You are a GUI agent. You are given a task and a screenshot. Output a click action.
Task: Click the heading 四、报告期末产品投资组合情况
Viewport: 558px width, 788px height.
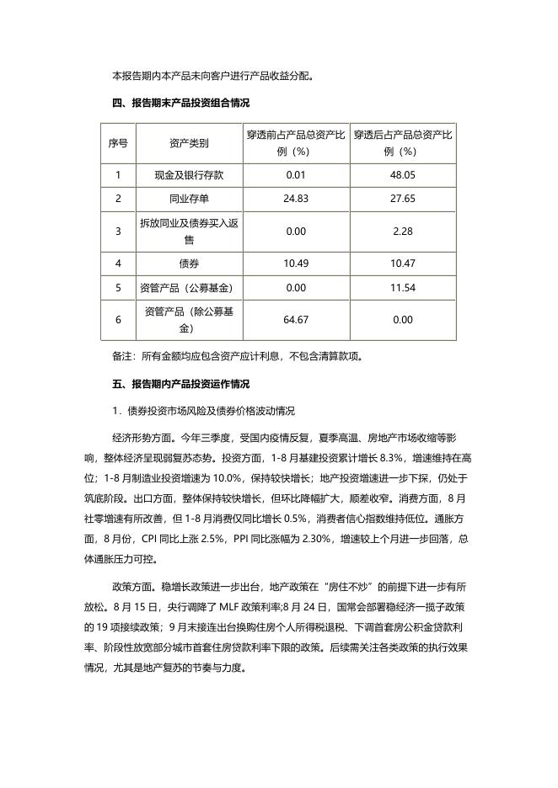(180, 103)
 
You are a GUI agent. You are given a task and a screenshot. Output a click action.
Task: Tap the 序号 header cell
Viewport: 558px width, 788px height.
(118, 144)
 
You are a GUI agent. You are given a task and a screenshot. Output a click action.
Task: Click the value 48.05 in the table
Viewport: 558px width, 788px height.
(402, 175)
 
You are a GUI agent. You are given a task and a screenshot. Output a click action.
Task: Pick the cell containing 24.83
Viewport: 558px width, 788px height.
(296, 199)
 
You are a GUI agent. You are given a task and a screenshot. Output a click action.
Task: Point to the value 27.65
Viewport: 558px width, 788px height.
(402, 199)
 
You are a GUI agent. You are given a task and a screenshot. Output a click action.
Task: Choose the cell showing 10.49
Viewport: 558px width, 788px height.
(296, 264)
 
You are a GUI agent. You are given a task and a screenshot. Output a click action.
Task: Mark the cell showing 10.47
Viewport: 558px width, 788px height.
(402, 264)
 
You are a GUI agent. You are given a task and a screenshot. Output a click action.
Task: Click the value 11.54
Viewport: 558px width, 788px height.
(402, 288)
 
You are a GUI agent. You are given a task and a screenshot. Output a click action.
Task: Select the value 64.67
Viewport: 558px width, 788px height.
(296, 320)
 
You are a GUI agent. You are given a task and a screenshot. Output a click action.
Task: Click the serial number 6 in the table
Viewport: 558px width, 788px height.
(118, 320)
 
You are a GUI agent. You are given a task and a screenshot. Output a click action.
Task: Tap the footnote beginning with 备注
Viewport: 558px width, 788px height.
(237, 355)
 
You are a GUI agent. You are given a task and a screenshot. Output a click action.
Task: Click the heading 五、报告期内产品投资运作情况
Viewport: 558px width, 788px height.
(180, 383)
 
